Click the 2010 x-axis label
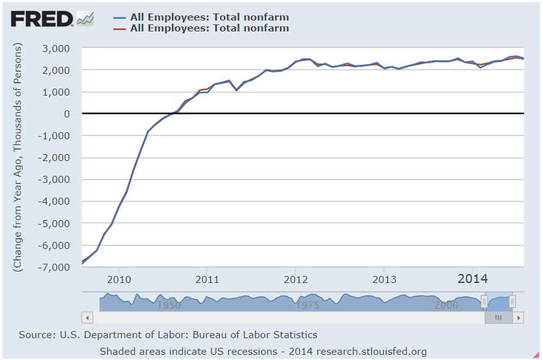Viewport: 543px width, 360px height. click(x=119, y=279)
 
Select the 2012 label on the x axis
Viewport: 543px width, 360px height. click(x=296, y=279)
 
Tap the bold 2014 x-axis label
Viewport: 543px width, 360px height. click(x=472, y=279)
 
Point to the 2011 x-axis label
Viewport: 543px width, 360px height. click(x=207, y=279)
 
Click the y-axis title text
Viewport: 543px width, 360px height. click(x=19, y=157)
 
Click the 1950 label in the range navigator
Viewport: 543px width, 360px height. click(x=168, y=305)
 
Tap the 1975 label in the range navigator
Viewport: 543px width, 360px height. click(x=308, y=305)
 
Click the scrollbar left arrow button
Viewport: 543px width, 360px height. click(x=87, y=317)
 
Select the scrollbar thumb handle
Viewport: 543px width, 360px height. click(x=498, y=317)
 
